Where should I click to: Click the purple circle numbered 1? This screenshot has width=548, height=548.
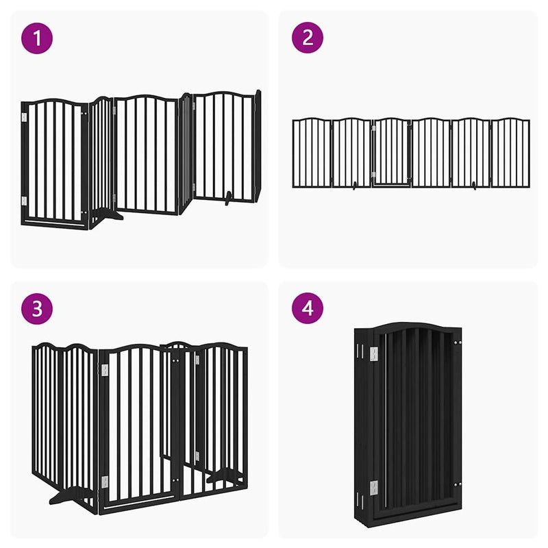coord(37,38)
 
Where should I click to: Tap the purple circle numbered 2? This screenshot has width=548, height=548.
coord(308,38)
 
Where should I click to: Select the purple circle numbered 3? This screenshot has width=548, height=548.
coord(37,309)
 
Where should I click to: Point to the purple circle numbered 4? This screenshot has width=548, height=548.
coord(308,308)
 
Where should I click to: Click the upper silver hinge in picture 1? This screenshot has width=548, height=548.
coord(24,117)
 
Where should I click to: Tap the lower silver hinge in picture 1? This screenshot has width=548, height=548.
coord(24,201)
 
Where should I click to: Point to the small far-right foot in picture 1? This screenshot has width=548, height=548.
coord(228,198)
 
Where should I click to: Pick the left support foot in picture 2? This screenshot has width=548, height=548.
coord(355,186)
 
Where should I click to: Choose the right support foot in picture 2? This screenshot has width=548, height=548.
coord(474,186)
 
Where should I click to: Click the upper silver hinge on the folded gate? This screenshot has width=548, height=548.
coord(374,354)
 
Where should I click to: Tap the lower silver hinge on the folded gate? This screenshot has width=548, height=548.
coord(374,488)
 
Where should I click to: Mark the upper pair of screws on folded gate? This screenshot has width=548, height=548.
coord(458,343)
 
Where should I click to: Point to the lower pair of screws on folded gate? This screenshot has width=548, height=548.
coord(458,485)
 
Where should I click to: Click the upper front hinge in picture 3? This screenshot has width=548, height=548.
coord(105,371)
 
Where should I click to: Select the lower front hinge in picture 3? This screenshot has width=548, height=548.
coord(105,482)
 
